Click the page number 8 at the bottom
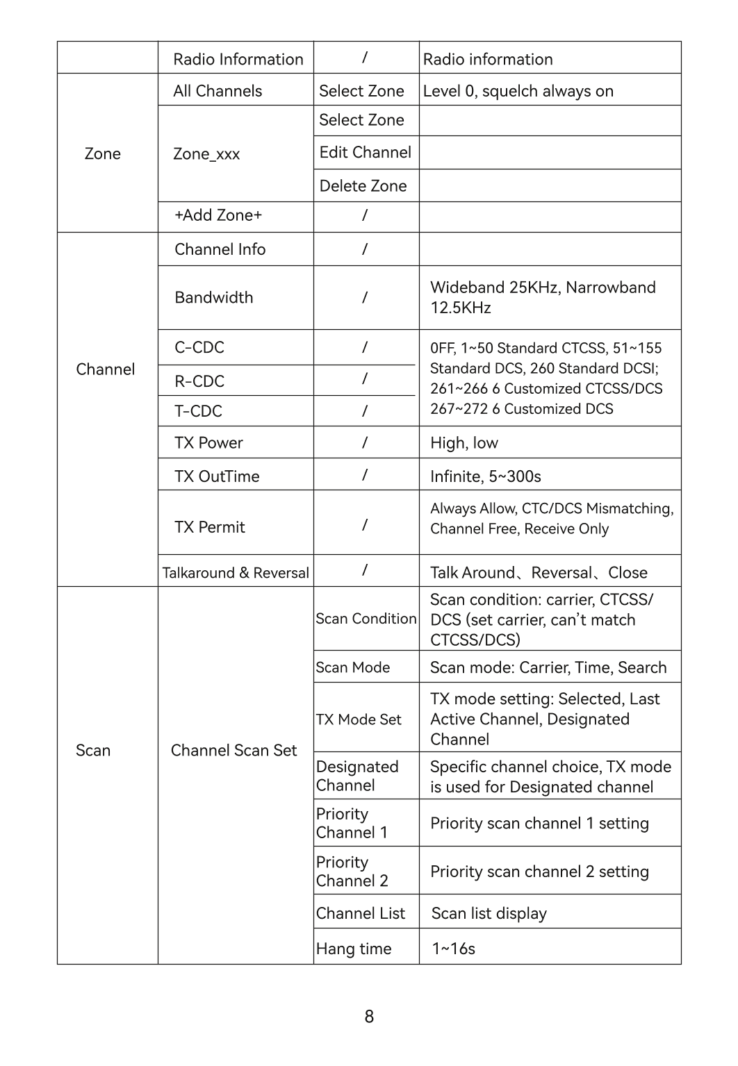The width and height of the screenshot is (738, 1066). [x=369, y=1017]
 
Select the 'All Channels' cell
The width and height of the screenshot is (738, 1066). [x=218, y=91]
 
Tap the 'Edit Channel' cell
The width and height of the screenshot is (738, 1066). [x=365, y=153]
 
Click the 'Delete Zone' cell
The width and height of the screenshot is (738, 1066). [x=363, y=186]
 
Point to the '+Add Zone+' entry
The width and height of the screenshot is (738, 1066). [x=218, y=215]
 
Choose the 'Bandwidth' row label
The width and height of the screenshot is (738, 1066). [x=214, y=298]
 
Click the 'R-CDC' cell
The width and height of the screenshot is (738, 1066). [x=199, y=381]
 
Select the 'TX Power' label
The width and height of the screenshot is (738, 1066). [x=208, y=443]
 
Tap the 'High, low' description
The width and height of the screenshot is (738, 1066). [x=464, y=443]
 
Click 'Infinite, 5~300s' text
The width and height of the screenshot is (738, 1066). [x=485, y=476]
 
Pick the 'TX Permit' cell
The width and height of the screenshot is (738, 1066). [x=209, y=527]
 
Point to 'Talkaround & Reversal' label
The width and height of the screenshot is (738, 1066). [x=236, y=573]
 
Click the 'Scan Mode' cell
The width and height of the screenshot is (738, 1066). [x=352, y=667]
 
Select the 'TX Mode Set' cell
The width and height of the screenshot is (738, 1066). [x=359, y=719]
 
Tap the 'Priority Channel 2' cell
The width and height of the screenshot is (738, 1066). [x=352, y=872]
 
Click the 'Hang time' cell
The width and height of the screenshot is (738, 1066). [x=354, y=949]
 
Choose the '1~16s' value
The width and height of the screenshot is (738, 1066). [x=453, y=949]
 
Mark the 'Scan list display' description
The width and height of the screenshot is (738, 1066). [x=489, y=913]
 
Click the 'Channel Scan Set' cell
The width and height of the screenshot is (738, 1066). [x=233, y=751]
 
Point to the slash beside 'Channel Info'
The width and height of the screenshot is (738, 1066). [x=364, y=249]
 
